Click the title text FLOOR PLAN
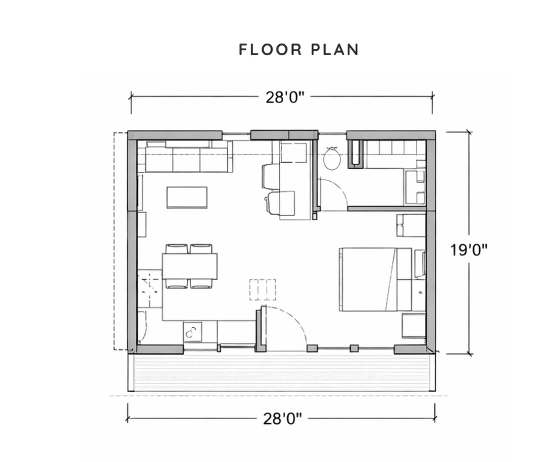click(x=299, y=50)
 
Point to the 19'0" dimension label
click(x=468, y=250)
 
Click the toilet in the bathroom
click(x=332, y=158)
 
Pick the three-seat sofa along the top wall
click(x=186, y=159)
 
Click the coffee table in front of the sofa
click(x=187, y=198)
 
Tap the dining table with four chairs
click(x=189, y=266)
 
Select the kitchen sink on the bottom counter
click(x=191, y=332)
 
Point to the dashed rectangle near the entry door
click(x=262, y=289)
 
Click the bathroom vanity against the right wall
click(x=415, y=186)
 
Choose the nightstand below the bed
click(x=414, y=325)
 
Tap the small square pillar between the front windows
click(x=353, y=348)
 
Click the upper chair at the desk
click(x=271, y=177)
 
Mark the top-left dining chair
click(x=176, y=248)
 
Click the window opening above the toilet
click(x=332, y=133)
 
